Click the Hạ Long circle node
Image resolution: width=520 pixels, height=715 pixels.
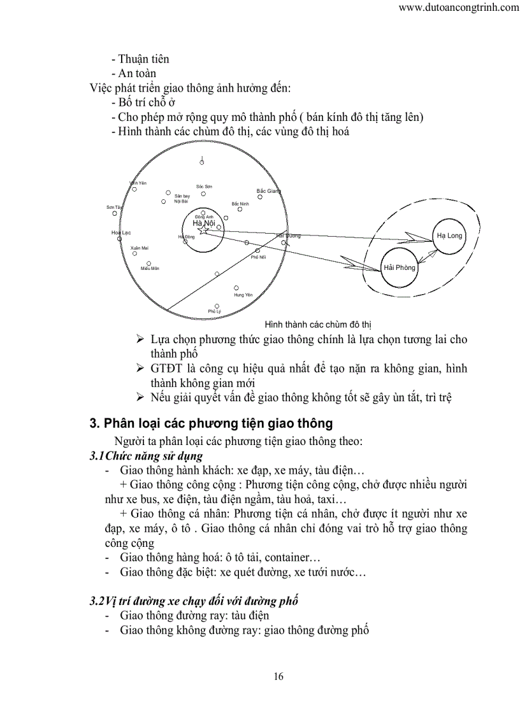pos(449,236)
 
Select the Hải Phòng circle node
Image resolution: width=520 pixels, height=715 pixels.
pos(400,267)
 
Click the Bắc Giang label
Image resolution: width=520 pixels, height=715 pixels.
pos(268,190)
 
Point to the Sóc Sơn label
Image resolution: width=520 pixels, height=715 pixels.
pos(204,187)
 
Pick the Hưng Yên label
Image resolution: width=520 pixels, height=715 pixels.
pos(243,295)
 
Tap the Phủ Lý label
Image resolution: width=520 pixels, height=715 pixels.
pos(214,311)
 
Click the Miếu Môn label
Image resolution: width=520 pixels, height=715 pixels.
pos(150,269)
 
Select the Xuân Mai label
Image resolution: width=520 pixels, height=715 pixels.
pos(139,247)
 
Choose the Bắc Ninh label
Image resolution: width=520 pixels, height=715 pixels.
pos(240,203)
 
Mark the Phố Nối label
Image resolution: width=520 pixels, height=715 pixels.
pos(258,257)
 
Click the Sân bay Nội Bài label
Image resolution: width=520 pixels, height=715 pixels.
pos(182,198)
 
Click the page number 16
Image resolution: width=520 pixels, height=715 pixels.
pos(278,676)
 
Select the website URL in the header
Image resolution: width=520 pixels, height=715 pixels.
pos(458,8)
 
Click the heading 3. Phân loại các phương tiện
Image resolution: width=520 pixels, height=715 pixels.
pos(210,423)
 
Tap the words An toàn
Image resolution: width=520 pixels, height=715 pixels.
pos(136,73)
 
